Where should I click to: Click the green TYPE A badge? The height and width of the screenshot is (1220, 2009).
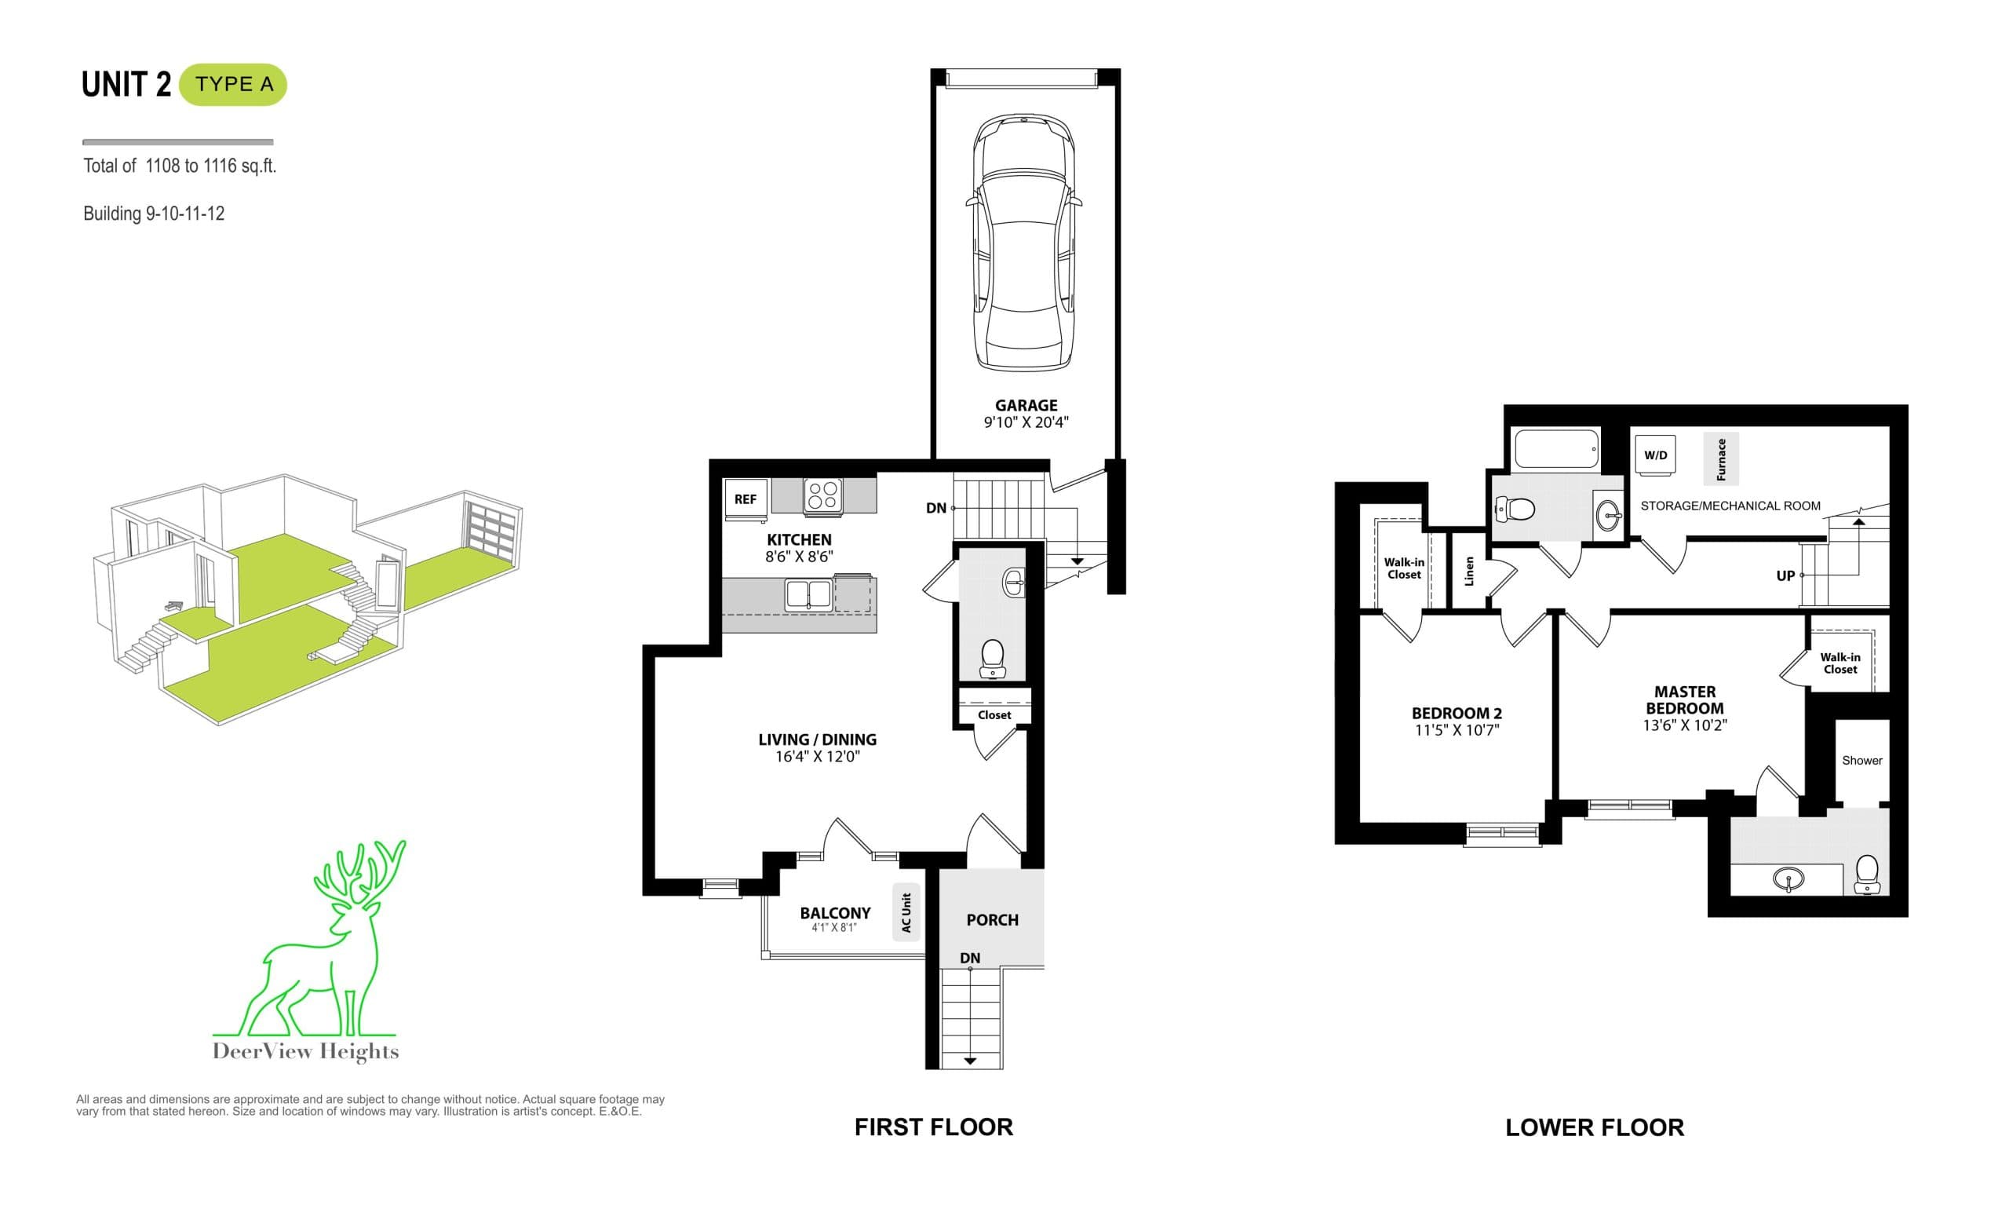(233, 84)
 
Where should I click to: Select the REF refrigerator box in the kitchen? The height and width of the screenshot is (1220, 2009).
(746, 499)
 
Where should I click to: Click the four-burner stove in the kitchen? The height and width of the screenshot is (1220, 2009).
(822, 495)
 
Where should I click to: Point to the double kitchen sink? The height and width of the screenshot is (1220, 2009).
(808, 594)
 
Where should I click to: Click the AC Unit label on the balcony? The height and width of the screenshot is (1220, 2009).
(906, 912)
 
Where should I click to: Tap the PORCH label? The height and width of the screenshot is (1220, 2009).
(992, 920)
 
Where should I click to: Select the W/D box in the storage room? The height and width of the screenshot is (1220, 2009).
(1655, 455)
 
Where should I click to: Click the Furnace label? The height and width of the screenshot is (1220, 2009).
(1720, 458)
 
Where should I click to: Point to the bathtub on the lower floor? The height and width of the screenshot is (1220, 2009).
(1555, 448)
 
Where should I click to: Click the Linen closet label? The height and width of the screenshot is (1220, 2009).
(1469, 571)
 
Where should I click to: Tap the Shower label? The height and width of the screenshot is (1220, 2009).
(1862, 760)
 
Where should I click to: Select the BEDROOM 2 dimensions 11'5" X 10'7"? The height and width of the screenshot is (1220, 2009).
(1457, 730)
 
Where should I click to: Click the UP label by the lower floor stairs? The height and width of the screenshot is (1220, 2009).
(1785, 575)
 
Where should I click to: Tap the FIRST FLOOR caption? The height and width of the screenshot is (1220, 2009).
(934, 1127)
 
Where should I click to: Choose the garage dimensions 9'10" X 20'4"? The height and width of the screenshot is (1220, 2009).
(1026, 422)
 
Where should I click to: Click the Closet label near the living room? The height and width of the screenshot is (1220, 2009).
(994, 715)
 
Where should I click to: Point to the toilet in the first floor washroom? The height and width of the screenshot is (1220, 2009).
(992, 659)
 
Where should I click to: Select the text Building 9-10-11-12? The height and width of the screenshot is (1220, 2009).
(153, 214)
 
